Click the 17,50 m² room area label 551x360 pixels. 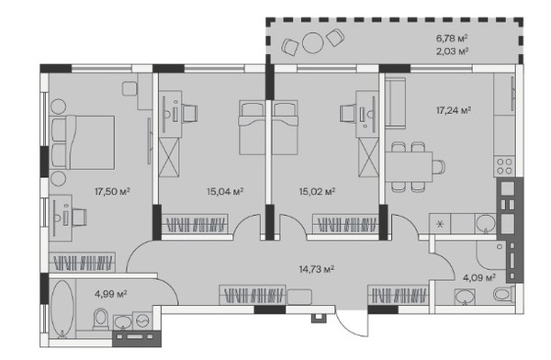coord(112,192)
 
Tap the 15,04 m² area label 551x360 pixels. coord(225,192)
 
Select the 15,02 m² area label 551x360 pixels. coord(318,192)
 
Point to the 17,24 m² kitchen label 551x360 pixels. coord(454,110)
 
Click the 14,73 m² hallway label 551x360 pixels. coord(317,269)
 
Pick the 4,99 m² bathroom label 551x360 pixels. coord(111,294)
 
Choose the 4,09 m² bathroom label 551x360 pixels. coord(479,278)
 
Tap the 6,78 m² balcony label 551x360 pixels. coord(452,38)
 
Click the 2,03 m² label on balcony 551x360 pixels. coord(452,51)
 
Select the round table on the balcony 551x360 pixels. coord(313,43)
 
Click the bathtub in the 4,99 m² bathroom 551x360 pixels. coord(62,309)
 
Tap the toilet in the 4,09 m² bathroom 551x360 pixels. coord(503,294)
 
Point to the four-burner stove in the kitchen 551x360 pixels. coord(504,166)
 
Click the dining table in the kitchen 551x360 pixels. coord(409,166)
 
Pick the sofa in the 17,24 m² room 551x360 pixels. coord(395,102)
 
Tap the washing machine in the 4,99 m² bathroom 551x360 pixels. coord(142,321)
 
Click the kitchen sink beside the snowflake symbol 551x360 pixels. coord(486,223)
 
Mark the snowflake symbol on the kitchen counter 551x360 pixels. coord(440,224)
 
